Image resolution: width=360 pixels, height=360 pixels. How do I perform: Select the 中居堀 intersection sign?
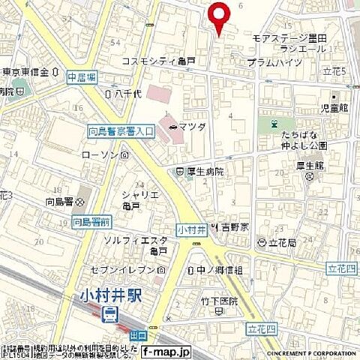[x=82, y=76]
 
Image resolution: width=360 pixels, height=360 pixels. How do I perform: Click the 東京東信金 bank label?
[x=25, y=73]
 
